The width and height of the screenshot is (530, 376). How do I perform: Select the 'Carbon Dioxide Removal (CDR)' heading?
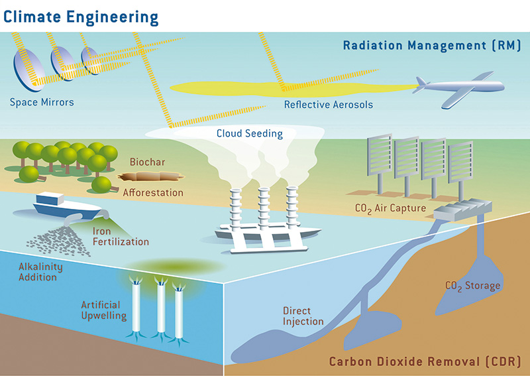(425, 362)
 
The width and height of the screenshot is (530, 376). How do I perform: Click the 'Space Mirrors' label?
(42, 102)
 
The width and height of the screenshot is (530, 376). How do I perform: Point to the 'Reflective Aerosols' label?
(329, 104)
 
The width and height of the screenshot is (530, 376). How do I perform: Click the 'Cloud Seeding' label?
(250, 133)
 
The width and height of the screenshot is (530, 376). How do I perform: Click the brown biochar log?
(150, 177)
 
